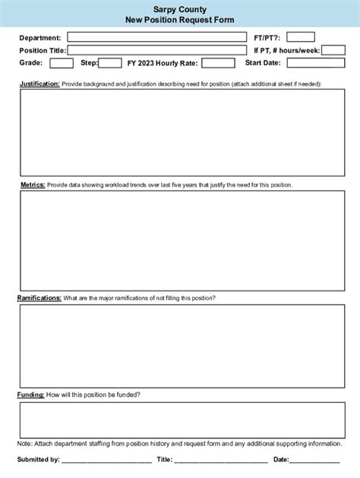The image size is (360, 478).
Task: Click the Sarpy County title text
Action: pyautogui.click(x=179, y=8)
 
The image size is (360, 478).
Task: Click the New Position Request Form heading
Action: pyautogui.click(x=179, y=19)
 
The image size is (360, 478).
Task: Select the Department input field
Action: pyautogui.click(x=157, y=37)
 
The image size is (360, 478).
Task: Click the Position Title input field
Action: pyautogui.click(x=157, y=50)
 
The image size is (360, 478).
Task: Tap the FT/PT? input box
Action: pyautogui.click(x=300, y=37)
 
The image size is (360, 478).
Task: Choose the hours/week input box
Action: pyautogui.click(x=333, y=50)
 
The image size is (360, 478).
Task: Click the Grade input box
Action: pyautogui.click(x=62, y=63)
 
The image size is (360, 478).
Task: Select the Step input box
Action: pyautogui.click(x=110, y=63)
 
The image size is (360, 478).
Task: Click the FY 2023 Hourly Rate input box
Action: pyautogui.click(x=218, y=63)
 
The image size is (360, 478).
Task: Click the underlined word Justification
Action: pyautogui.click(x=39, y=84)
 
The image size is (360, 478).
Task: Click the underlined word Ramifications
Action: pyautogui.click(x=39, y=298)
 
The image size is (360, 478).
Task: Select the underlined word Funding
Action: pyautogui.click(x=30, y=395)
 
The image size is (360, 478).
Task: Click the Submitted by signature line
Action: pyautogui.click(x=106, y=460)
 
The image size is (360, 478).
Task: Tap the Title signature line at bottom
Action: pyautogui.click(x=221, y=460)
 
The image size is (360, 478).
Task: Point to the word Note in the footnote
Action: pyautogui.click(x=24, y=443)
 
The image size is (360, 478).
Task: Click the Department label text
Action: pyautogui.click(x=40, y=38)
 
